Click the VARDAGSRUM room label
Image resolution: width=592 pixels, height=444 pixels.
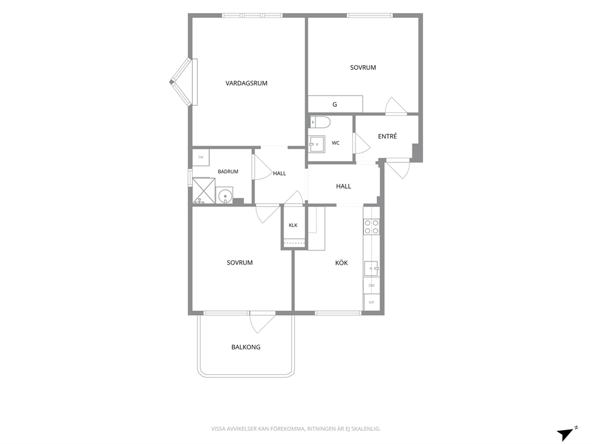pos(246,83)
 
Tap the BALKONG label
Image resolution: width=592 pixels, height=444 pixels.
pos(246,347)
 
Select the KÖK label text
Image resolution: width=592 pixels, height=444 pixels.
pos(341,263)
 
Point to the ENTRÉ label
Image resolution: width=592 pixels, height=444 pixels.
pos(387,136)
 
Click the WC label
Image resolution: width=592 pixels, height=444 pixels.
pos(335,143)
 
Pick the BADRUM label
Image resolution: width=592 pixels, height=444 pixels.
pos(228,171)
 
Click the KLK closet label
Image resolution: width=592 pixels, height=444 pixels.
pos(293,226)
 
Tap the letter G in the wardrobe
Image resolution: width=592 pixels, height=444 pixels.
pos(335,104)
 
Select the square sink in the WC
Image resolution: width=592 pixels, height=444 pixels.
pos(316,144)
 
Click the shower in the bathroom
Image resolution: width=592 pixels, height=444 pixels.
pos(203,190)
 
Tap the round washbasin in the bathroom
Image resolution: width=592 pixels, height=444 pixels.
pos(225,195)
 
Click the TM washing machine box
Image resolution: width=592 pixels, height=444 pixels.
pos(201,158)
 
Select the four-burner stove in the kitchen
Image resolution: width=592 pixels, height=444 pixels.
pos(371,227)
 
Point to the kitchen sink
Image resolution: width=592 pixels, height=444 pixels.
pos(372,269)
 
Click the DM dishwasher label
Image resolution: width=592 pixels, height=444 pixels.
pos(372,286)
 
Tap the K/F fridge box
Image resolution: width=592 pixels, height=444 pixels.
pos(372,302)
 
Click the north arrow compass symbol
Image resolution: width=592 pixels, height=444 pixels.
pos(566,433)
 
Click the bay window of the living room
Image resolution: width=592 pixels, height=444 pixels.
pos(183,82)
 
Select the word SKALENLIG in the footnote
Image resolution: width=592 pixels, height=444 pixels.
pos(366,428)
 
